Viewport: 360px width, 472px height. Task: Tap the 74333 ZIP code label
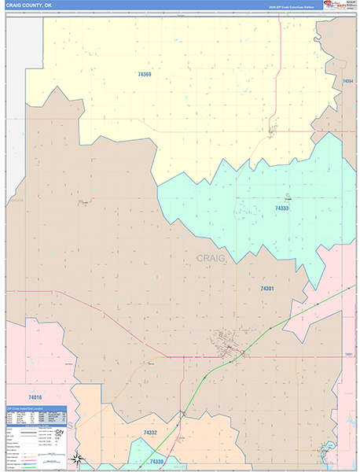click(x=281, y=208)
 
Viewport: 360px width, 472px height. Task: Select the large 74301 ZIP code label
click(x=267, y=289)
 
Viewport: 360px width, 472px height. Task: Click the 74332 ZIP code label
click(x=151, y=433)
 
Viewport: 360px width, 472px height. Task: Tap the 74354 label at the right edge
click(x=348, y=80)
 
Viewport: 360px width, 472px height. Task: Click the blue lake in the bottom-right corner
click(x=323, y=453)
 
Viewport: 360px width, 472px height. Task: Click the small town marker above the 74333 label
click(x=288, y=197)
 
